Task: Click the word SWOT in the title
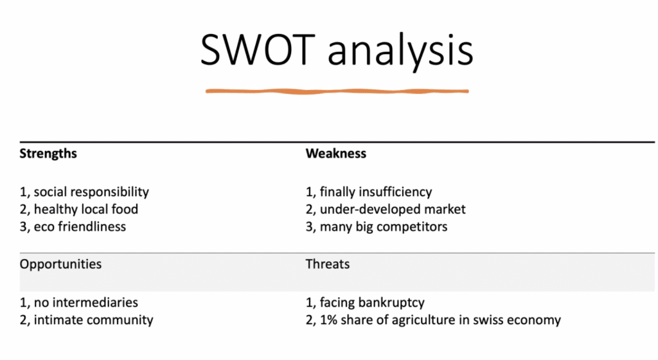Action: pyautogui.click(x=258, y=50)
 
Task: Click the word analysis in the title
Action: pyautogui.click(x=401, y=52)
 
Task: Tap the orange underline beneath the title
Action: pyautogui.click(x=337, y=91)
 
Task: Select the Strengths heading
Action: pyautogui.click(x=48, y=154)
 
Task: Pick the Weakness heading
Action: pyautogui.click(x=335, y=154)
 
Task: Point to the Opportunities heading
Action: pyautogui.click(x=60, y=264)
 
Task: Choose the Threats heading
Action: pyautogui.click(x=327, y=264)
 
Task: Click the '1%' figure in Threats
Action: pyautogui.click(x=328, y=320)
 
